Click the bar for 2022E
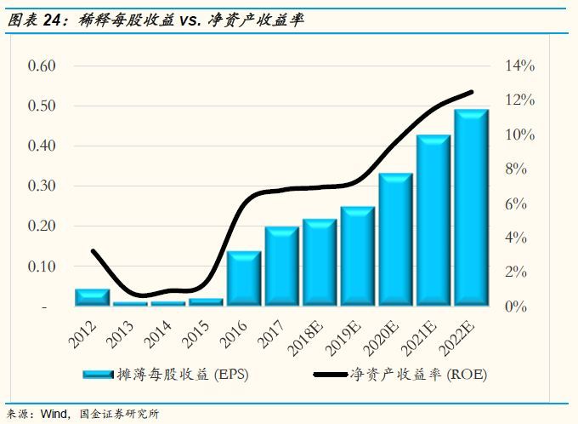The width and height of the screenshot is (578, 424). pyautogui.click(x=470, y=208)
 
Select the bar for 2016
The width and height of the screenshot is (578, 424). pyautogui.click(x=244, y=278)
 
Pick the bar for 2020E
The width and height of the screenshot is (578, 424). pyautogui.click(x=395, y=239)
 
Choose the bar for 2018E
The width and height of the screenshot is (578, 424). pyautogui.click(x=320, y=262)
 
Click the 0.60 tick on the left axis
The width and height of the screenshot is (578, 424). pyautogui.click(x=42, y=66)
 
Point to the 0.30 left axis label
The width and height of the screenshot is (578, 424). pyautogui.click(x=42, y=186)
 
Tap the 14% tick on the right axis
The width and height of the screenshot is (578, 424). pyautogui.click(x=519, y=66)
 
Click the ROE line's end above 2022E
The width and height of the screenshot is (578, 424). pyautogui.click(x=471, y=92)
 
